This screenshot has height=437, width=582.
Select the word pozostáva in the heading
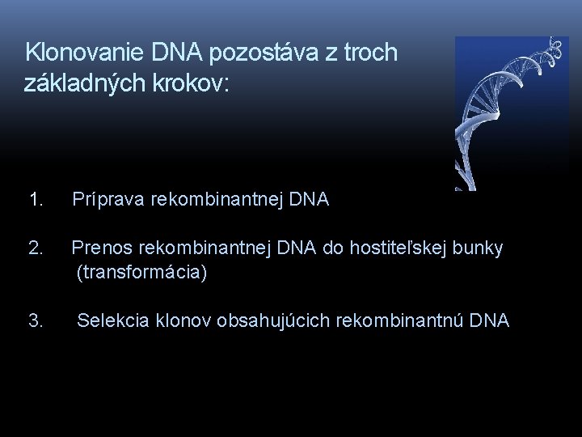pyautogui.click(x=250, y=53)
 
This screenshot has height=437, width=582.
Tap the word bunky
pyautogui.click(x=479, y=248)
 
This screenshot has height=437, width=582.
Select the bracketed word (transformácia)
pyautogui.click(x=141, y=274)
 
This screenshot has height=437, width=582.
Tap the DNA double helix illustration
pyautogui.click(x=510, y=113)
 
